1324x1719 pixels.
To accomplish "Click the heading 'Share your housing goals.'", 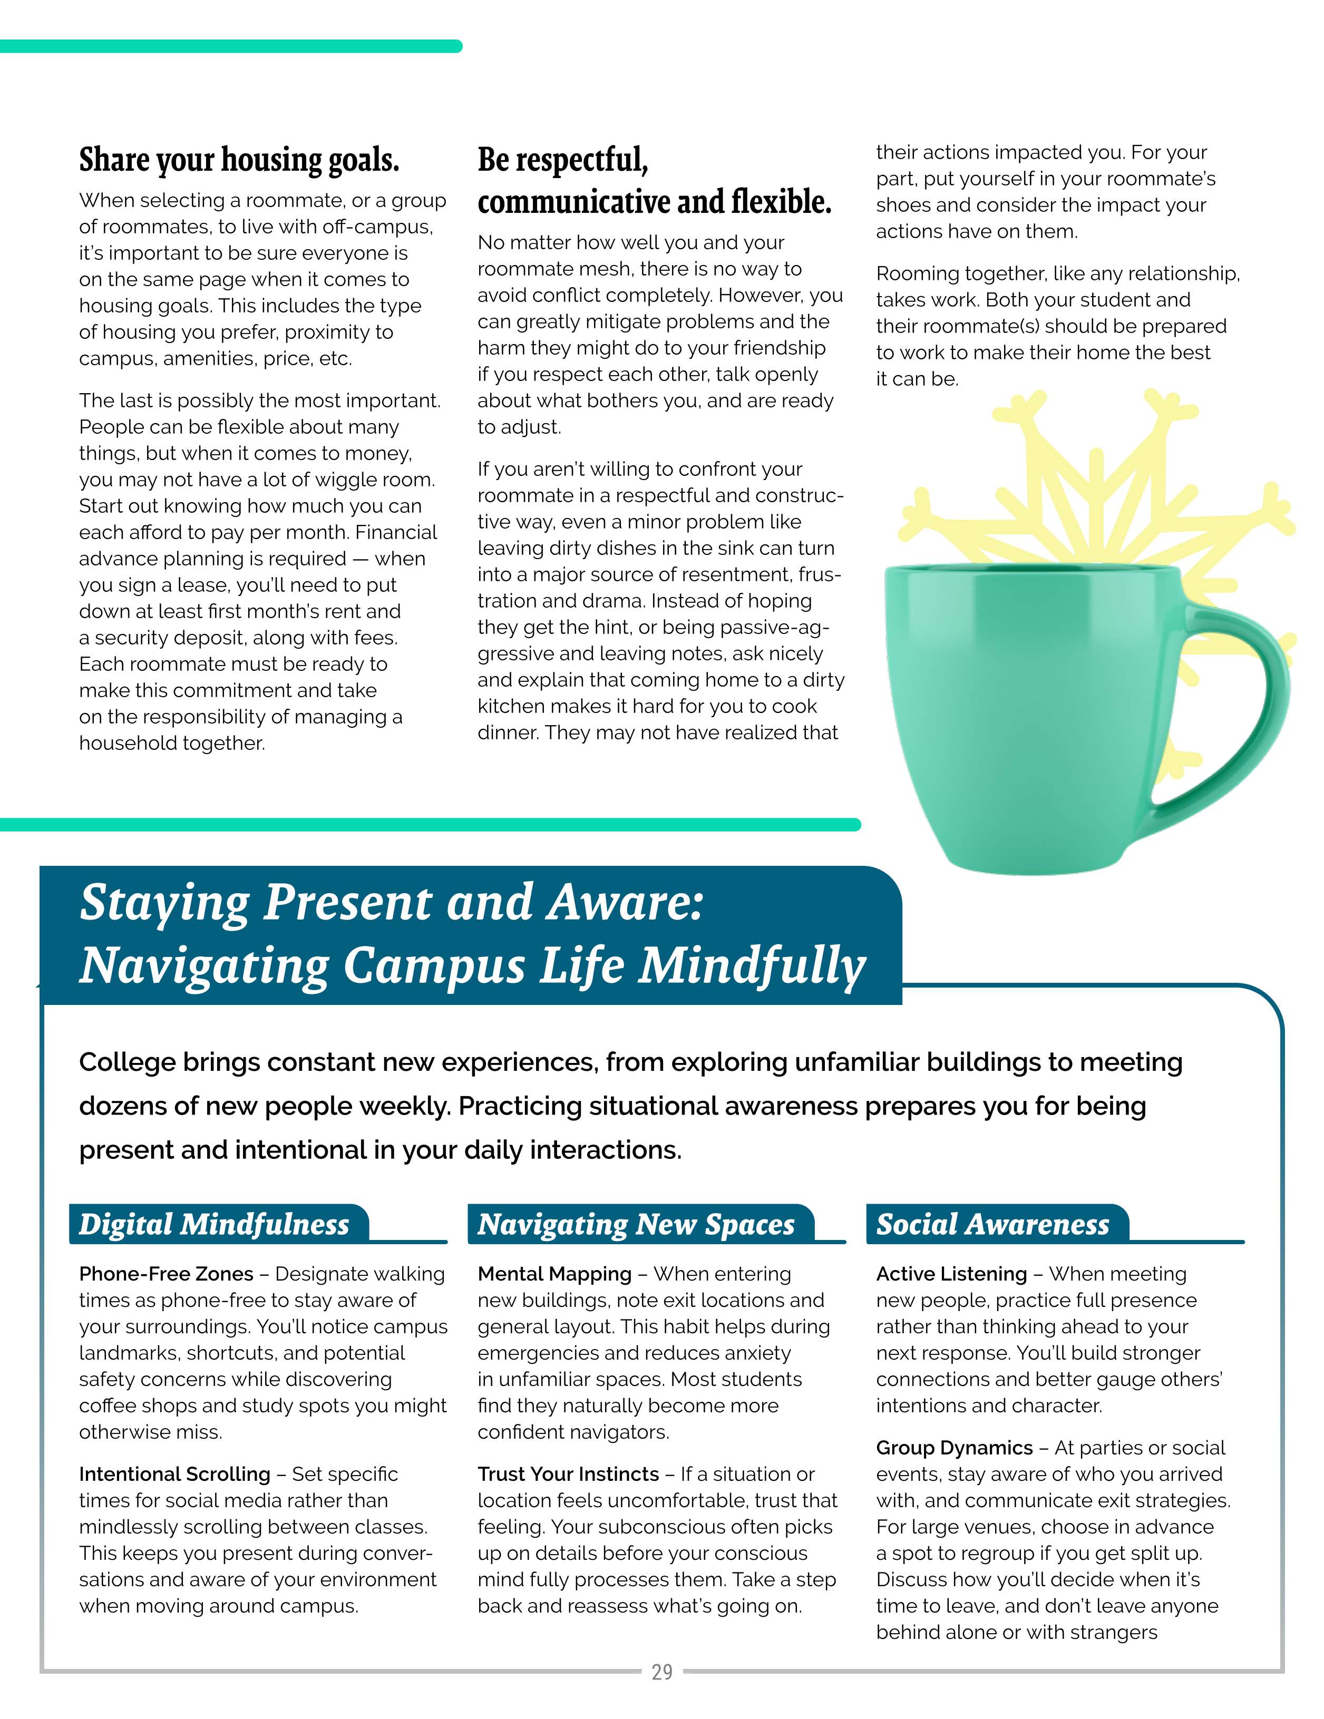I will pos(239,160).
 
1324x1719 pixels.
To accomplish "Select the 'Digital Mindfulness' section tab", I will pos(214,1224).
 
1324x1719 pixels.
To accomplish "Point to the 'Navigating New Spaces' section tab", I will pos(636,1224).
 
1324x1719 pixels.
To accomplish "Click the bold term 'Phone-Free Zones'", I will pos(166,1274).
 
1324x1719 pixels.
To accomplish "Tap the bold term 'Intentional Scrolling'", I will pos(174,1473).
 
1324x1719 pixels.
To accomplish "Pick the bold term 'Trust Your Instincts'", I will pos(568,1473).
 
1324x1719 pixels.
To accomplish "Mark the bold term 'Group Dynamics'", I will pos(954,1448).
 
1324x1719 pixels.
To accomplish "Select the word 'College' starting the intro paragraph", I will pos(126,1062).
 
